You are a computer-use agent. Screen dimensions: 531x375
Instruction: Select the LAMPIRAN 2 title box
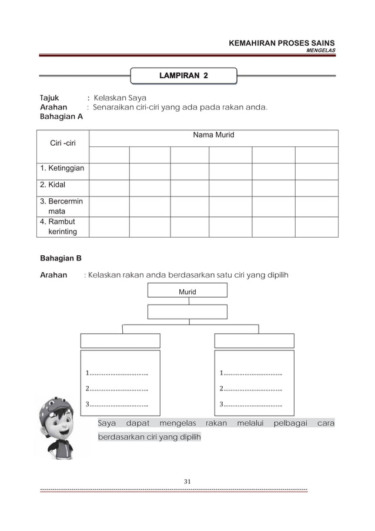tap(183, 76)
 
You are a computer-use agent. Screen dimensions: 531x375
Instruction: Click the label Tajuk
tap(49, 98)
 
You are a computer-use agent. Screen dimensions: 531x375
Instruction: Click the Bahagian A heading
tap(61, 116)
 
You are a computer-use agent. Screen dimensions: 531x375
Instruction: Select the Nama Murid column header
tap(213, 135)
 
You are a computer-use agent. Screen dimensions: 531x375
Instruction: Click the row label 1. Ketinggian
tap(62, 169)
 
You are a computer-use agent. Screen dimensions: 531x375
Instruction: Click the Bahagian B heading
tap(61, 258)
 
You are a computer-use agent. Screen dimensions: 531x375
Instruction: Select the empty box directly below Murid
tap(187, 312)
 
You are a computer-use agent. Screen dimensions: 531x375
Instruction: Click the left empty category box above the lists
tap(120, 341)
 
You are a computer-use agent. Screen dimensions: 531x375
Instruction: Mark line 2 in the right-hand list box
tap(251, 388)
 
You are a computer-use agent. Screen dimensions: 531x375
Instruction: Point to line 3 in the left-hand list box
tap(117, 403)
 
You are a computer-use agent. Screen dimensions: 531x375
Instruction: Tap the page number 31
tap(187, 482)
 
